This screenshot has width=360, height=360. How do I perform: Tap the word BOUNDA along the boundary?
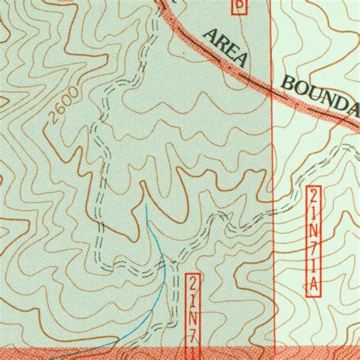320,96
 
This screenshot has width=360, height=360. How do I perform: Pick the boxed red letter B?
240,6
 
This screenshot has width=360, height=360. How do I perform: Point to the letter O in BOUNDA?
302,88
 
